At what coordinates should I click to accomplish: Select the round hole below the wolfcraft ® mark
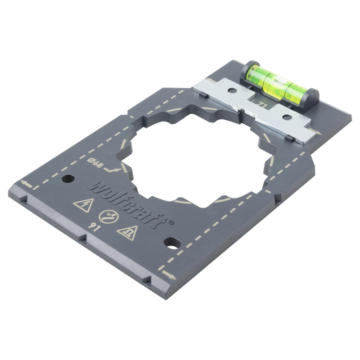pos(170,243)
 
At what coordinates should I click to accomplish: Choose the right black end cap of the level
pos(312,96)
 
